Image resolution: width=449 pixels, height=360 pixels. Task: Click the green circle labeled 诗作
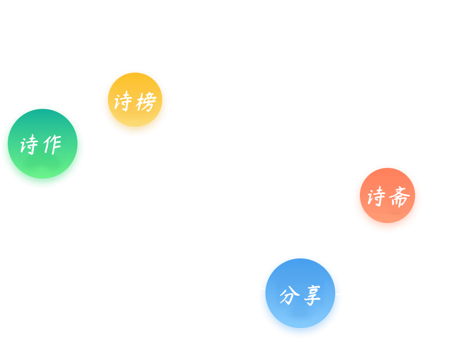(43, 144)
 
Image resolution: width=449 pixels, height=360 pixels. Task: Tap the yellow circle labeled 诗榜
(135, 100)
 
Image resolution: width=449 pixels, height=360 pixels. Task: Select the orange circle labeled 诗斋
(387, 195)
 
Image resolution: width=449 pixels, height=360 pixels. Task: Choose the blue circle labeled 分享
(300, 293)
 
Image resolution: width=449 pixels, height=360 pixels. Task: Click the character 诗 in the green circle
(29, 144)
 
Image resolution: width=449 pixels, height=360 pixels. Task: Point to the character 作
(52, 145)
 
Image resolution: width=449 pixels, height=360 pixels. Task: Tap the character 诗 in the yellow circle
(123, 101)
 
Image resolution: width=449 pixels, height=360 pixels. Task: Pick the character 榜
(146, 102)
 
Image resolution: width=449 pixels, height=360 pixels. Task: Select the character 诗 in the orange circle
(376, 196)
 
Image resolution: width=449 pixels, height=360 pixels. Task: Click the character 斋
(400, 196)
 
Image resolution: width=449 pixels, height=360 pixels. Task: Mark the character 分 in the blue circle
(290, 296)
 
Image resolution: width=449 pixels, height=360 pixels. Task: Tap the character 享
(312, 296)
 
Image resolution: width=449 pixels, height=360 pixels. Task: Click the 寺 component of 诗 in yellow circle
(127, 101)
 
